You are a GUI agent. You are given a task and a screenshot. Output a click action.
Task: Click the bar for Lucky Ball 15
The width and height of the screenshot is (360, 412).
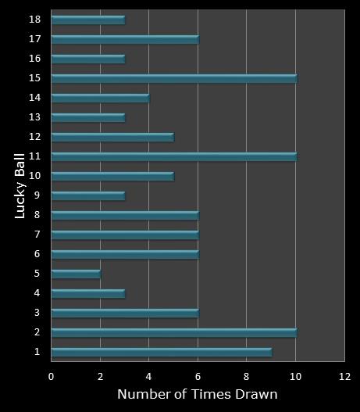click(173, 78)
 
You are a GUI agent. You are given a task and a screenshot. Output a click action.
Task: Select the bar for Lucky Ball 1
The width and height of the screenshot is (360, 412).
click(161, 352)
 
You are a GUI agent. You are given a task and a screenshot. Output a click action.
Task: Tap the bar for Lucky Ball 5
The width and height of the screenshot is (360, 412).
click(76, 274)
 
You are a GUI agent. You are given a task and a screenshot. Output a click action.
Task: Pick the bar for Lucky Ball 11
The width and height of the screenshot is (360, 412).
click(173, 156)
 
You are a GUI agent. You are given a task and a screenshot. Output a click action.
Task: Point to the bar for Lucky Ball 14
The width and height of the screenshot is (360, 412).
click(100, 98)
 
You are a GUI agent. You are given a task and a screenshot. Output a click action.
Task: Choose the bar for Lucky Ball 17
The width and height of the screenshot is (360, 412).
click(125, 39)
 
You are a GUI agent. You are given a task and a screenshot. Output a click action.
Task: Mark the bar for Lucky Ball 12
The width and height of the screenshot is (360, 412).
click(112, 137)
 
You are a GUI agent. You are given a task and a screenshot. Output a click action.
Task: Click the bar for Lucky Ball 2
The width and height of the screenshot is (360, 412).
click(173, 332)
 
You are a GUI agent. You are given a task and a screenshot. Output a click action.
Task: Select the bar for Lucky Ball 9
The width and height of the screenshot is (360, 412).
click(87, 195)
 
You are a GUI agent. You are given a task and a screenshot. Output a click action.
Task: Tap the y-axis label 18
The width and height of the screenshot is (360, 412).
click(34, 19)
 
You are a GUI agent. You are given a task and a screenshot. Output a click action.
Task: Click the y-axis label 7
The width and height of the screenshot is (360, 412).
click(37, 235)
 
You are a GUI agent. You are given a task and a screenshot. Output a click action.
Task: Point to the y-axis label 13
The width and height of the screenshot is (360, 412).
click(34, 117)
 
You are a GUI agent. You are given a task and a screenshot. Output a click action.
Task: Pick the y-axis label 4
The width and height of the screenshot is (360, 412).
click(37, 293)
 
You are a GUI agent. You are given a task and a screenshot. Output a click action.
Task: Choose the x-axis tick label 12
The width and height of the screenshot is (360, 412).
click(344, 376)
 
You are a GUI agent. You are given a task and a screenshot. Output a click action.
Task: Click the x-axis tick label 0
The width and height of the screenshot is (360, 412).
click(52, 376)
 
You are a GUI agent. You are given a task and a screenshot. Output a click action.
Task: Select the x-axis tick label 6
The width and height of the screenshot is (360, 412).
click(198, 376)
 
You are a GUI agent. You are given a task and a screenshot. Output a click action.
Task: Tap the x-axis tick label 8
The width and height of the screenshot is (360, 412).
click(247, 376)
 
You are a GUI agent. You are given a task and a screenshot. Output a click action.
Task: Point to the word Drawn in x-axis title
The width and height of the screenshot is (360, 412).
click(258, 394)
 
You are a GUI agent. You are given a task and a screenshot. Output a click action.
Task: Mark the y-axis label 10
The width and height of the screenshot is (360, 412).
click(34, 176)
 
